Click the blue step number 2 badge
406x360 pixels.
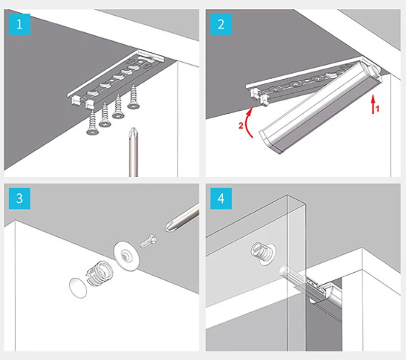[x=221, y=24]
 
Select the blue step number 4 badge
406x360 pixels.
[x=221, y=198]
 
